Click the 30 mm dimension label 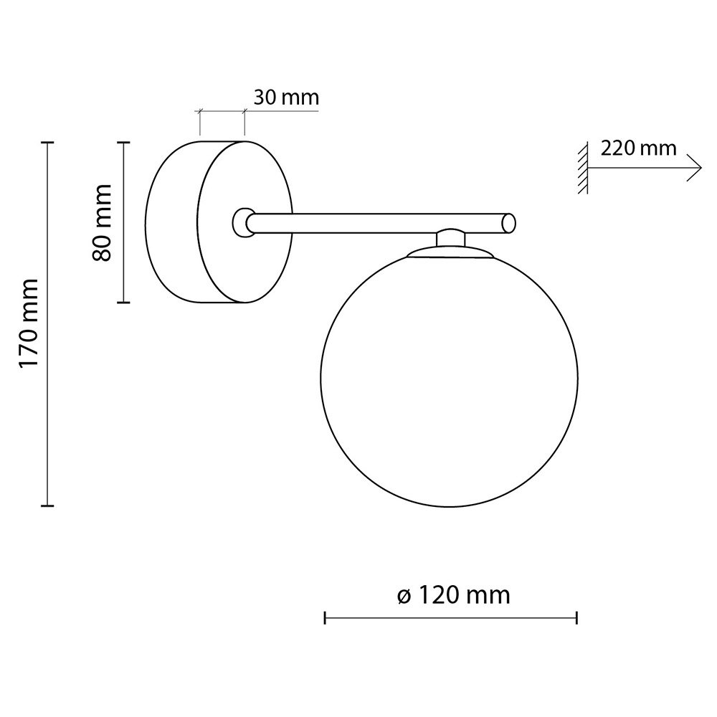point(286,98)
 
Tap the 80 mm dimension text point(102,223)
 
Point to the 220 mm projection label point(638,148)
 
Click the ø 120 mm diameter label point(453,595)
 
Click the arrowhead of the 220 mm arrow point(695,168)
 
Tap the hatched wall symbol point(582,168)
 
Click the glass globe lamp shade point(449,378)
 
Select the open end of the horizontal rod point(509,224)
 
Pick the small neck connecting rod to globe point(450,238)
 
